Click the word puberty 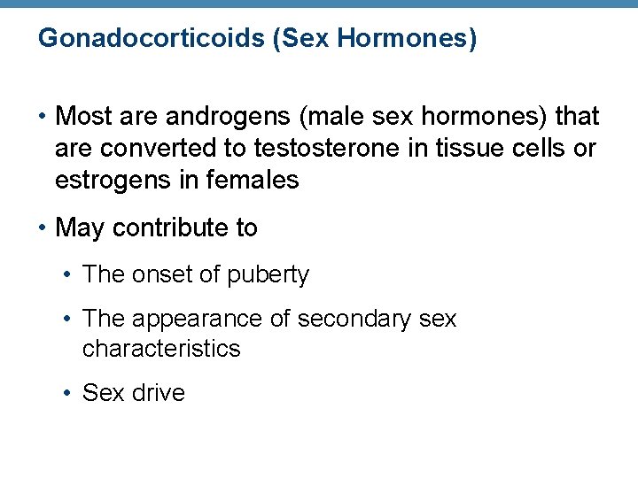pyautogui.click(x=268, y=275)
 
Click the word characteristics pyautogui.click(x=161, y=349)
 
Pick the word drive pyautogui.click(x=158, y=393)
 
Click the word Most pyautogui.click(x=83, y=117)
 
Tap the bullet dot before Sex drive pyautogui.click(x=68, y=393)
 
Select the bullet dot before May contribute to pyautogui.click(x=43, y=228)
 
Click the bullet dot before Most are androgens pyautogui.click(x=43, y=117)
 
